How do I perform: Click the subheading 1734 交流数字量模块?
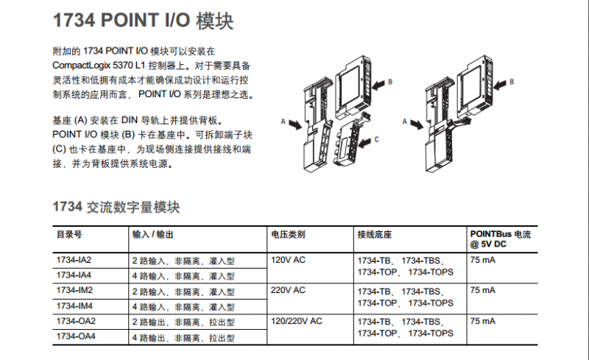click(116, 208)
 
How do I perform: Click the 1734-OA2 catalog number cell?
click(76, 321)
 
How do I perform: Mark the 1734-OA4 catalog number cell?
click(76, 336)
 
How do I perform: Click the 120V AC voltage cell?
click(288, 260)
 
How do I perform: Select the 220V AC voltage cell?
click(288, 290)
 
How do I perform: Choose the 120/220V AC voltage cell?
click(296, 321)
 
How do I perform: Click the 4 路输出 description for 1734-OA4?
click(183, 337)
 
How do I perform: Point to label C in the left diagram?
click(375, 138)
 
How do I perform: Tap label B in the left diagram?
click(391, 80)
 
